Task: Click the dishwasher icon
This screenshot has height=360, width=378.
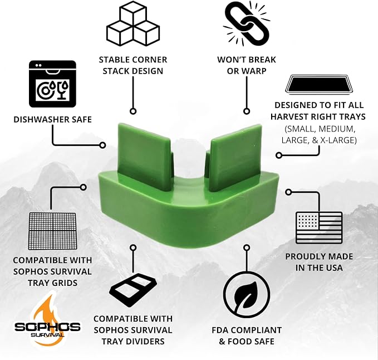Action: click(52, 84)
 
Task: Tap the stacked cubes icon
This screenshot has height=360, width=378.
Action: click(133, 23)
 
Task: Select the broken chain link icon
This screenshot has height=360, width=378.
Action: click(247, 23)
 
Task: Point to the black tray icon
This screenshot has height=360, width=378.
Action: click(319, 84)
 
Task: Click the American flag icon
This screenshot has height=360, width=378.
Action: click(319, 228)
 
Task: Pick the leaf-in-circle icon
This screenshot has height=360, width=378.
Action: click(247, 295)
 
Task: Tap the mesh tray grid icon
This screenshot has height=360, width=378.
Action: click(52, 231)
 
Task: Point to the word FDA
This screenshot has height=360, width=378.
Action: click(220, 330)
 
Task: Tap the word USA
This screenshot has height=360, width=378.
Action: click(333, 267)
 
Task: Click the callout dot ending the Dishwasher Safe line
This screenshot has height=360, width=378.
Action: click(102, 145)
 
